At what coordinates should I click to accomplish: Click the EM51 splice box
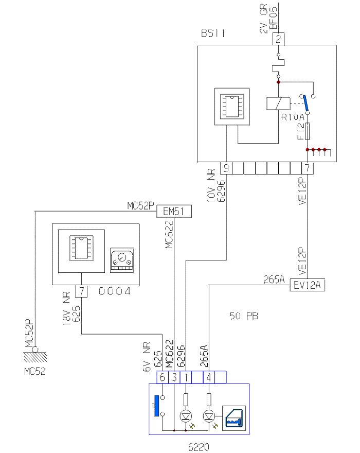click(174, 211)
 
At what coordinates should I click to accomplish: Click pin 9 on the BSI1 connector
click(226, 168)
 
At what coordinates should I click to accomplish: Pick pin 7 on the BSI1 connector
click(307, 168)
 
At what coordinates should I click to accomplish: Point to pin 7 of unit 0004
click(82, 291)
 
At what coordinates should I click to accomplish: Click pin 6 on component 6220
click(163, 377)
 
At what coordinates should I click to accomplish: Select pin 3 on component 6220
click(174, 377)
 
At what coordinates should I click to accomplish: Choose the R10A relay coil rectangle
click(278, 103)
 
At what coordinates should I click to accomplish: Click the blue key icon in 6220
click(234, 417)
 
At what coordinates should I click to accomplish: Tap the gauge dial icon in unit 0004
click(122, 260)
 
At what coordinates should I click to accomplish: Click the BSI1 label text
click(213, 34)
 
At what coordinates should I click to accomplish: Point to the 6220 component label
click(199, 446)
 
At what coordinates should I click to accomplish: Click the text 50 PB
click(244, 316)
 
